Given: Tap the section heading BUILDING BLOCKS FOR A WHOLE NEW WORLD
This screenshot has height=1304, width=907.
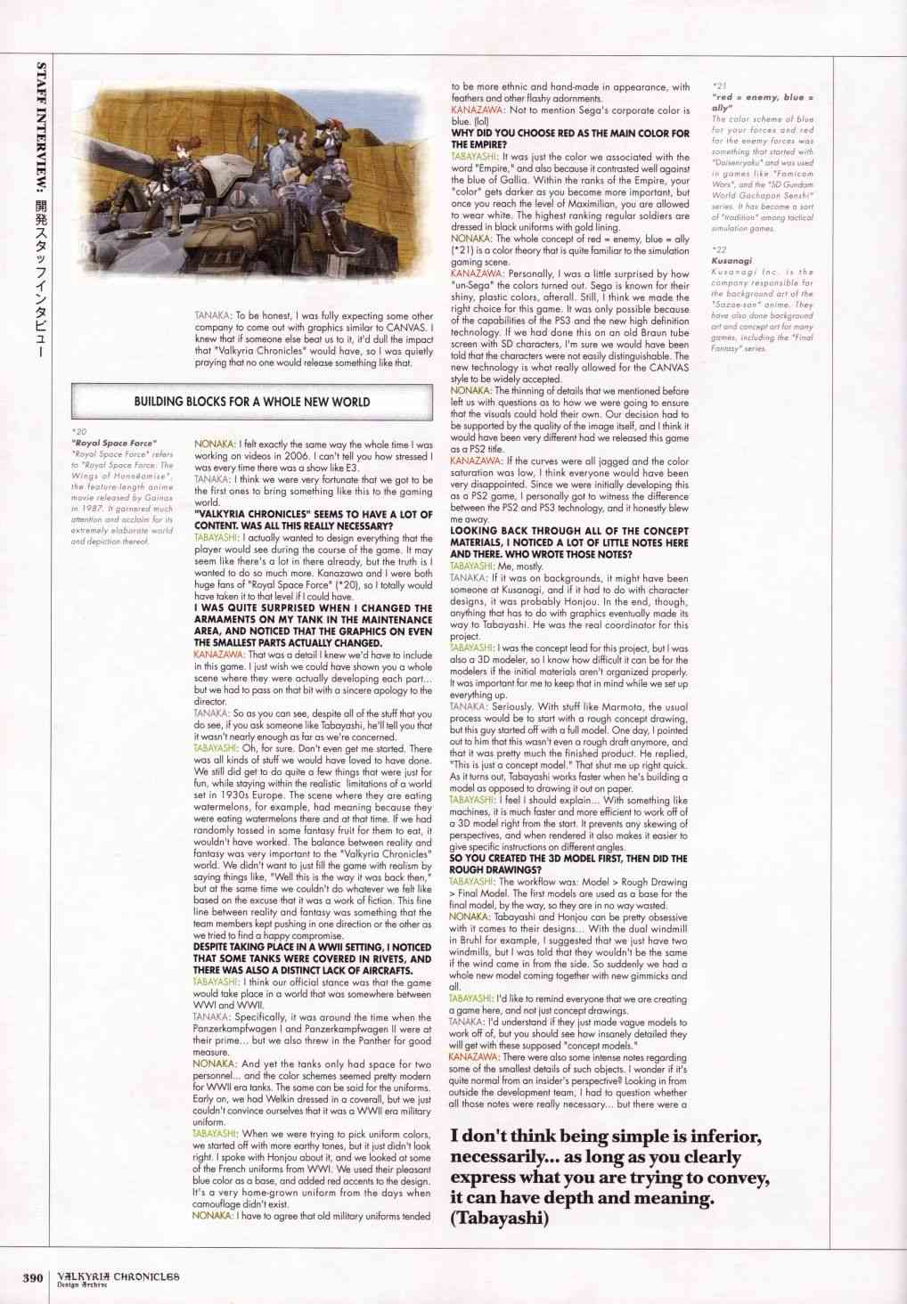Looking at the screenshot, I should pyautogui.click(x=251, y=402).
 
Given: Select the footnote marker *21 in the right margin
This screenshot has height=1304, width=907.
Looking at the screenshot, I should pyautogui.click(x=720, y=86).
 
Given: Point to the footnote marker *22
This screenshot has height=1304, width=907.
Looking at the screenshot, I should pyautogui.click(x=720, y=251).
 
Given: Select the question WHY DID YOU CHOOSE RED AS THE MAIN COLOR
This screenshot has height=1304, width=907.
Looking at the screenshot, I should pyautogui.click(x=570, y=138).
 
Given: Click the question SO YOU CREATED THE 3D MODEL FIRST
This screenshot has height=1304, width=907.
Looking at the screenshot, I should pyautogui.click(x=568, y=864).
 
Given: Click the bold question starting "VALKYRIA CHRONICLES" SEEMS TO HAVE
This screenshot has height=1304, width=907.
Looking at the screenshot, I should pyautogui.click(x=313, y=520).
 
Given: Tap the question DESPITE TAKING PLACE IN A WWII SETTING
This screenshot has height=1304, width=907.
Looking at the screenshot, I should pyautogui.click(x=313, y=958).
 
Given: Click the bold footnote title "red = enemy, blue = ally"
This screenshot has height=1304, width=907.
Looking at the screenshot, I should pyautogui.click(x=763, y=101).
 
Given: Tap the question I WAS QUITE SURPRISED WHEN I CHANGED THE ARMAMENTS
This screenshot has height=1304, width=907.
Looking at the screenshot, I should pyautogui.click(x=313, y=625).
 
